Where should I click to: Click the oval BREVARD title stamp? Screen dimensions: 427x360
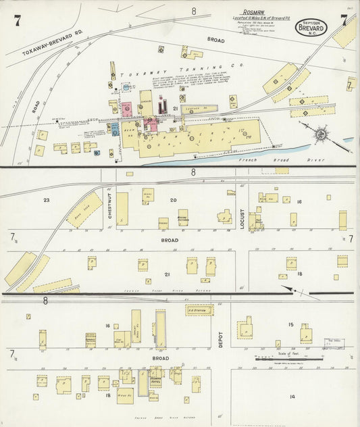tap(311, 28)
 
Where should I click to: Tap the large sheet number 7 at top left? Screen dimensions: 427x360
tap(16, 20)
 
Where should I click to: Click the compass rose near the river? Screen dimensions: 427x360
tap(319, 132)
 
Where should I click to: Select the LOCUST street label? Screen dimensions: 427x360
tap(242, 218)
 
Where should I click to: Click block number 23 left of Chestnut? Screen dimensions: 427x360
tap(47, 200)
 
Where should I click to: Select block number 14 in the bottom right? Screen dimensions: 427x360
tap(292, 396)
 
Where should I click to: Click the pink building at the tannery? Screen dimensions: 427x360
tap(126, 109)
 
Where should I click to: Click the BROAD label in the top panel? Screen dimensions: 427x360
tap(215, 41)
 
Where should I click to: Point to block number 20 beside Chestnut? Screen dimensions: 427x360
tap(174, 200)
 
